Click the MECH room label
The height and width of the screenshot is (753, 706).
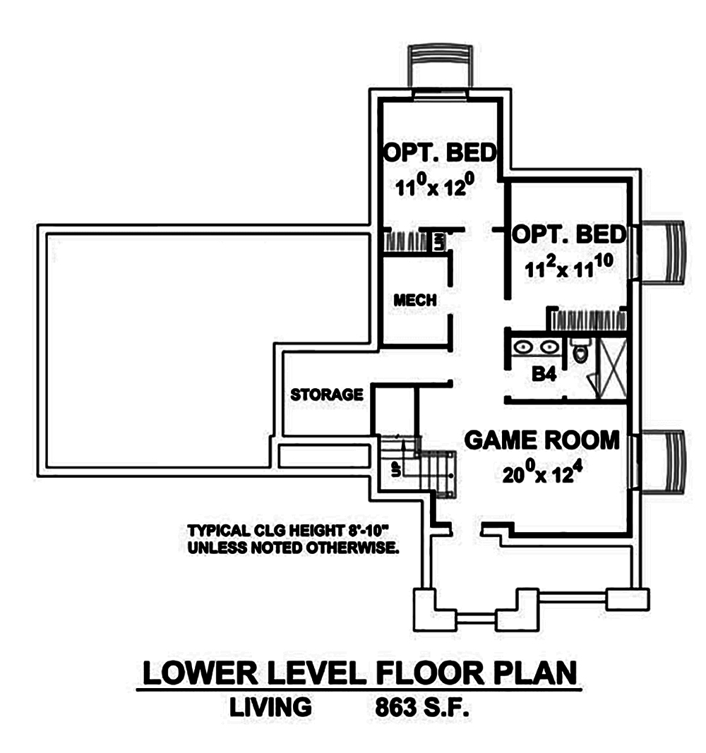(x=415, y=300)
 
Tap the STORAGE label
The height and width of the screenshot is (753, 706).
(x=327, y=394)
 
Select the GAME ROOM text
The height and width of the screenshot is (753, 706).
(x=542, y=440)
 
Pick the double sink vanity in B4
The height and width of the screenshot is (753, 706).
(x=534, y=347)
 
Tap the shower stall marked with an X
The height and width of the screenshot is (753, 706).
(x=609, y=367)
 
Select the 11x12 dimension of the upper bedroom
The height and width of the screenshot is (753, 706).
(x=432, y=188)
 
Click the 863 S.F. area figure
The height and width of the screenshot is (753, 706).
(x=419, y=707)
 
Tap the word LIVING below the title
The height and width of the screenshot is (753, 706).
(x=270, y=707)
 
